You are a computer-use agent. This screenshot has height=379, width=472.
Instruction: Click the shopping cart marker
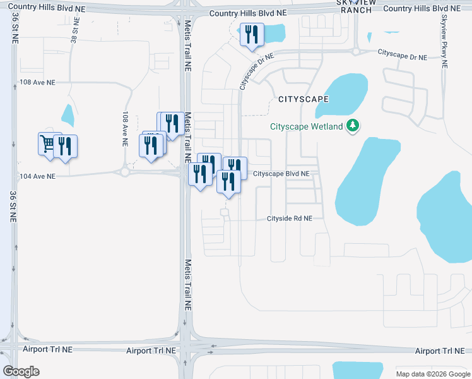(47, 143)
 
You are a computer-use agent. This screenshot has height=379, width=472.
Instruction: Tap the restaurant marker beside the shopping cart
(65, 146)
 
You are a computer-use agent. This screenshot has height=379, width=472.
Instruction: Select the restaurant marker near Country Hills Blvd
(252, 34)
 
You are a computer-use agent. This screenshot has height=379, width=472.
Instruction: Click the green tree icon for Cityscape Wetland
(353, 126)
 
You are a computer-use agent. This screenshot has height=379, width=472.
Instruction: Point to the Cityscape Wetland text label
(307, 126)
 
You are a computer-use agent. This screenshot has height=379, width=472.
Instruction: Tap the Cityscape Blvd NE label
(281, 174)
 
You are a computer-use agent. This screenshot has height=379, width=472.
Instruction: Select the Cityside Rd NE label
(290, 219)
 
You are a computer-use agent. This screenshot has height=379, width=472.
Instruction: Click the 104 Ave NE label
(37, 176)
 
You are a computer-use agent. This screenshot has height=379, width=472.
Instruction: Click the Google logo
(21, 371)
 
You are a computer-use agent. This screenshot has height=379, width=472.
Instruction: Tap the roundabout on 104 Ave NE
(125, 172)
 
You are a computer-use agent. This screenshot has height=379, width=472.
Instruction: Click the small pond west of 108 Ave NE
(68, 114)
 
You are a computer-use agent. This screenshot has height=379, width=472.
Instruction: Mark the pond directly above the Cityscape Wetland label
(341, 95)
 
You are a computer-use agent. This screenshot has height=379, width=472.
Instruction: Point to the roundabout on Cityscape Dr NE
(356, 52)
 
